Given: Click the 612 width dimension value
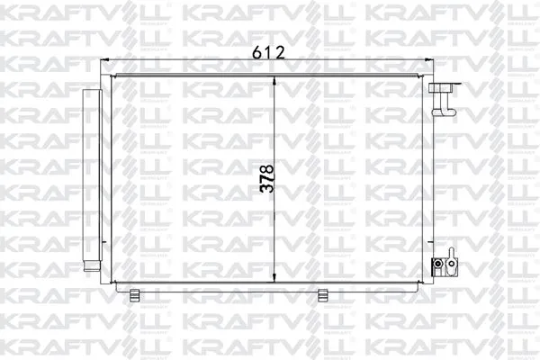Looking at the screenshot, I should (267, 52).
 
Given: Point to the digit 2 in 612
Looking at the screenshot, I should (279, 52).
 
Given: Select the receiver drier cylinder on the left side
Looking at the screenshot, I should (91, 180).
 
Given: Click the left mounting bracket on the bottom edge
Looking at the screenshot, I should (134, 293).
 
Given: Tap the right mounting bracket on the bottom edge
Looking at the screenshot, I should (323, 293).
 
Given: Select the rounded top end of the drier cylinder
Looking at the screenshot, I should (91, 93).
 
